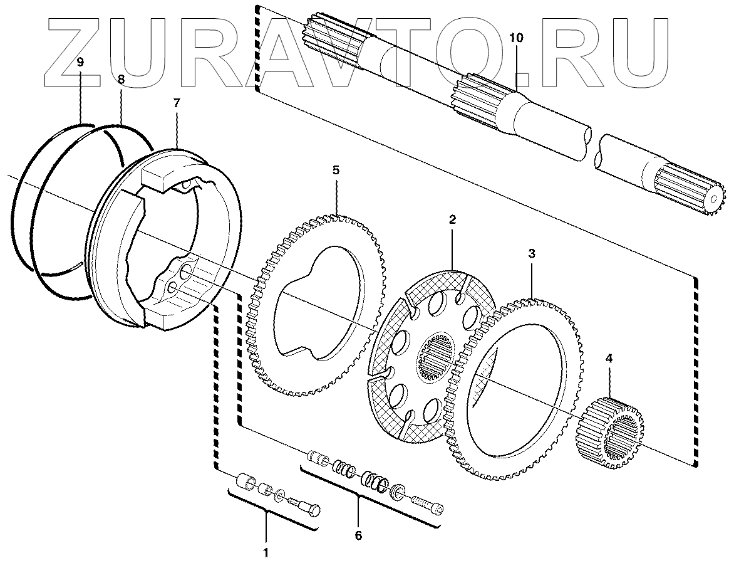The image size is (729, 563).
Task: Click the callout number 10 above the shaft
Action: click(515, 38)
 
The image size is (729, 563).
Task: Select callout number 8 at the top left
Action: click(121, 80)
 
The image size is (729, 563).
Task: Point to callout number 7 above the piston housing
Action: click(177, 102)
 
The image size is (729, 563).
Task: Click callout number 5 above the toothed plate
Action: click(336, 170)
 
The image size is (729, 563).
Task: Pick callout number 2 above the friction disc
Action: click(452, 220)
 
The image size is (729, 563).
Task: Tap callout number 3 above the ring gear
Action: click(532, 254)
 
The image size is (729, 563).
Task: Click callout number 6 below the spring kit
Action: click(358, 535)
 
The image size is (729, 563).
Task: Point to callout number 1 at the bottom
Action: click(266, 552)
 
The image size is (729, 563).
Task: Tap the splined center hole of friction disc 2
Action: click(436, 357)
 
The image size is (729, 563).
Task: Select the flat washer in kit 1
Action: click(280, 495)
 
